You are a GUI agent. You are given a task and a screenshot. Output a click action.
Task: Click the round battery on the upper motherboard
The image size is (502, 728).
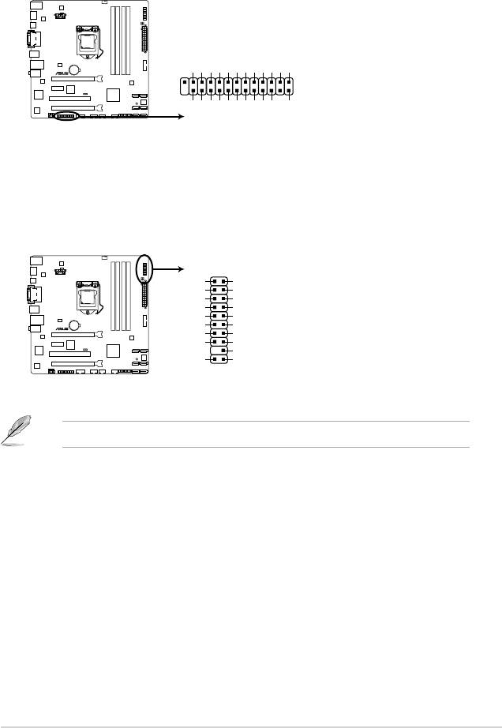click(x=73, y=68)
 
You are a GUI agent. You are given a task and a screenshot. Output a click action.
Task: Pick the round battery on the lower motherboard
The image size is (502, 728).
click(x=73, y=323)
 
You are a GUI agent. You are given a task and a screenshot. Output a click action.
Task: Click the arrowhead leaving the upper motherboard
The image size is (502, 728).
click(x=182, y=115)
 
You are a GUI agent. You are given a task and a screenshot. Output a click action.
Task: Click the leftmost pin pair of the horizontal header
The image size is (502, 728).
click(x=185, y=88)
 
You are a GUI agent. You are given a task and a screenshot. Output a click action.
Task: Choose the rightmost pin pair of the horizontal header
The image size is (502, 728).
click(x=290, y=88)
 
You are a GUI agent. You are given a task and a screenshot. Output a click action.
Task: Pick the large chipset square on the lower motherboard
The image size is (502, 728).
click(x=114, y=351)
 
